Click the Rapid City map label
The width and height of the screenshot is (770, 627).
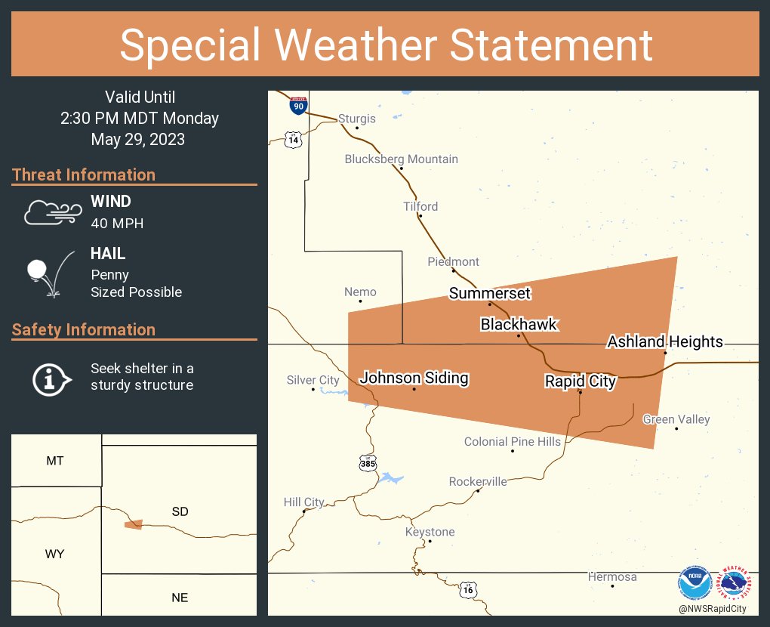coord(581,381)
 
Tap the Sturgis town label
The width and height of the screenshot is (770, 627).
coord(356,119)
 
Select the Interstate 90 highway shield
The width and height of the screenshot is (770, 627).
coord(298,105)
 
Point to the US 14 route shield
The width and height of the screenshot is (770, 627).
coord(293,138)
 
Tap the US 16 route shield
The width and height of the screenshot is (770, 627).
coord(469,588)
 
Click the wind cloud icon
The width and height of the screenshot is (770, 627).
coord(51,212)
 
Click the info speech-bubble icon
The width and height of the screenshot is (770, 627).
coord(51,378)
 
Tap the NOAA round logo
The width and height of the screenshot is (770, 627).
coord(694,582)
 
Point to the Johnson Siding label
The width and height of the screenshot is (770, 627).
coord(414,378)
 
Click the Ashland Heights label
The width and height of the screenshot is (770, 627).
coord(665,342)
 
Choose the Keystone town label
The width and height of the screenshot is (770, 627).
coord(430,532)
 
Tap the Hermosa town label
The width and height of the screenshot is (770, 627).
coord(612,577)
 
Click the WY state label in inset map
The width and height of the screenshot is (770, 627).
coord(54,554)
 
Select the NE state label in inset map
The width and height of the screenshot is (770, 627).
coord(180,598)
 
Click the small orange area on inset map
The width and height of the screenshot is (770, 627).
coord(134,524)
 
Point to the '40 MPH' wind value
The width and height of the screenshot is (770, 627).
coord(117,223)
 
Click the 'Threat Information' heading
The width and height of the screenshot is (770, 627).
coord(84,175)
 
